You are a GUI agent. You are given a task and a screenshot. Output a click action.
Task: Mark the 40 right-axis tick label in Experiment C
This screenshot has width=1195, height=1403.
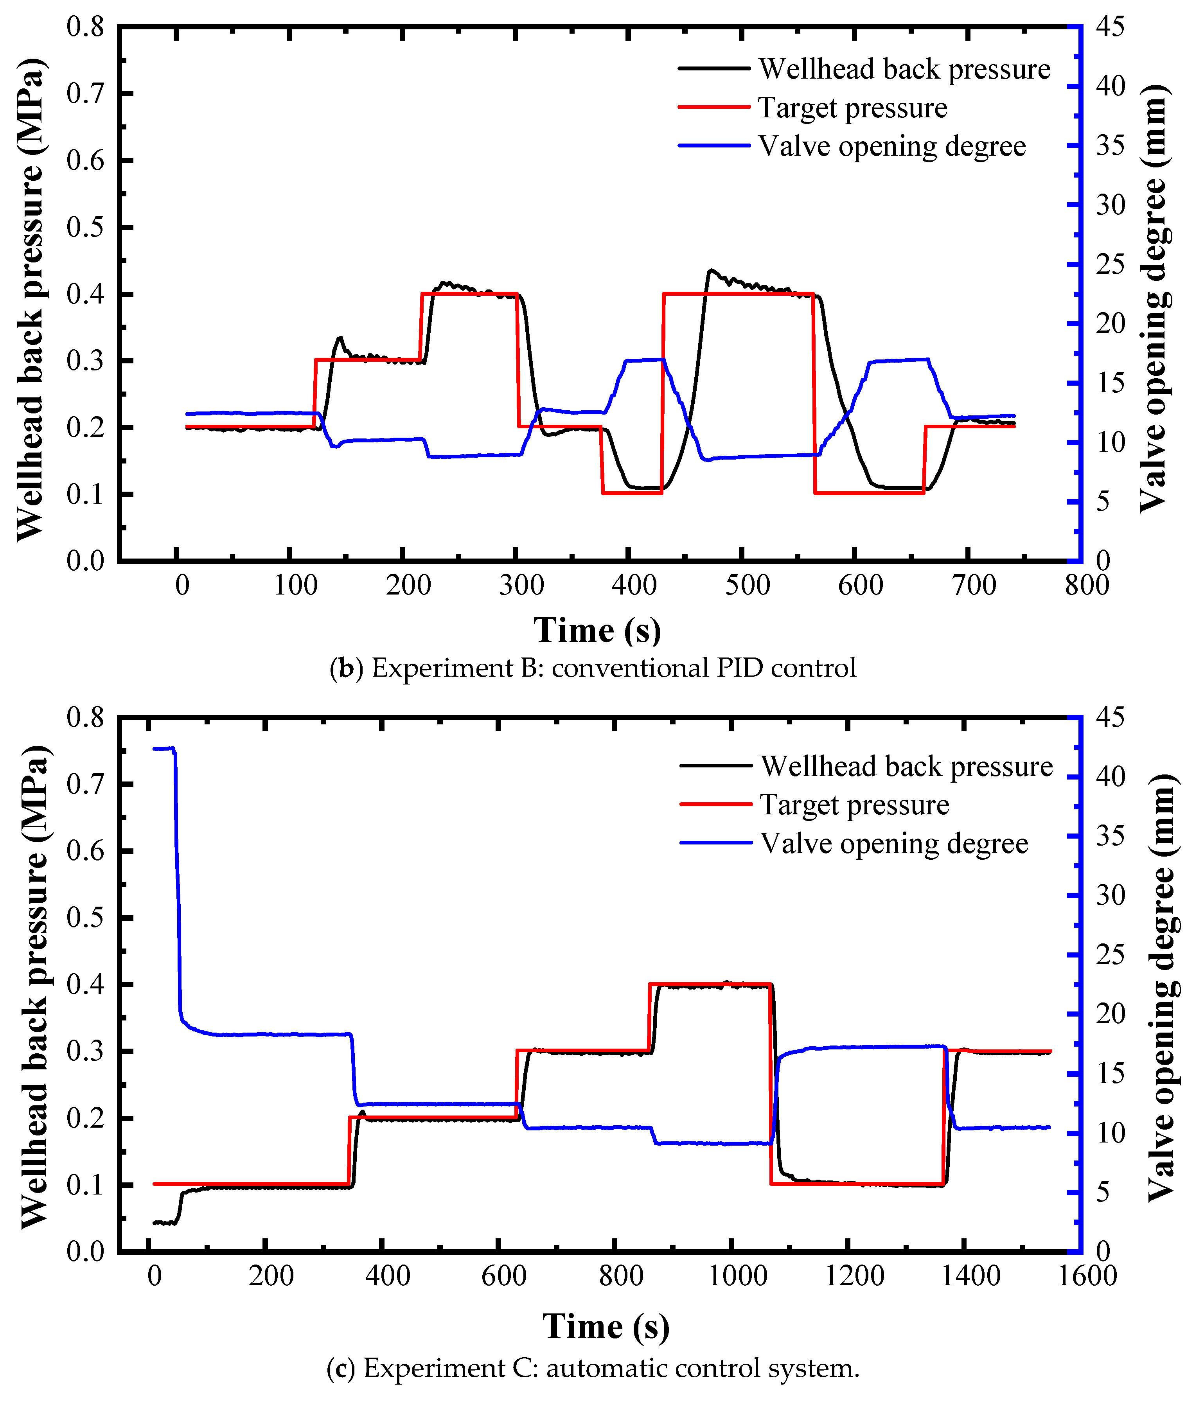pyautogui.click(x=1111, y=776)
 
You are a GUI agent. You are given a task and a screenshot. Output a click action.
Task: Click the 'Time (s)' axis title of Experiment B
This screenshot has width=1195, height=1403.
pyautogui.click(x=597, y=631)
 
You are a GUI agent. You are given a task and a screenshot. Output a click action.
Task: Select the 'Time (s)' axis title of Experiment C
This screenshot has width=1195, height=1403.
pyautogui.click(x=606, y=1326)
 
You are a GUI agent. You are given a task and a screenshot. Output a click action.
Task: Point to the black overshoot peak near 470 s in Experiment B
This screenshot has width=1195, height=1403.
pyautogui.click(x=710, y=270)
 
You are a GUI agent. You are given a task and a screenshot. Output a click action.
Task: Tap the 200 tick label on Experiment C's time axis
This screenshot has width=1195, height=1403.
pyautogui.click(x=271, y=1276)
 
